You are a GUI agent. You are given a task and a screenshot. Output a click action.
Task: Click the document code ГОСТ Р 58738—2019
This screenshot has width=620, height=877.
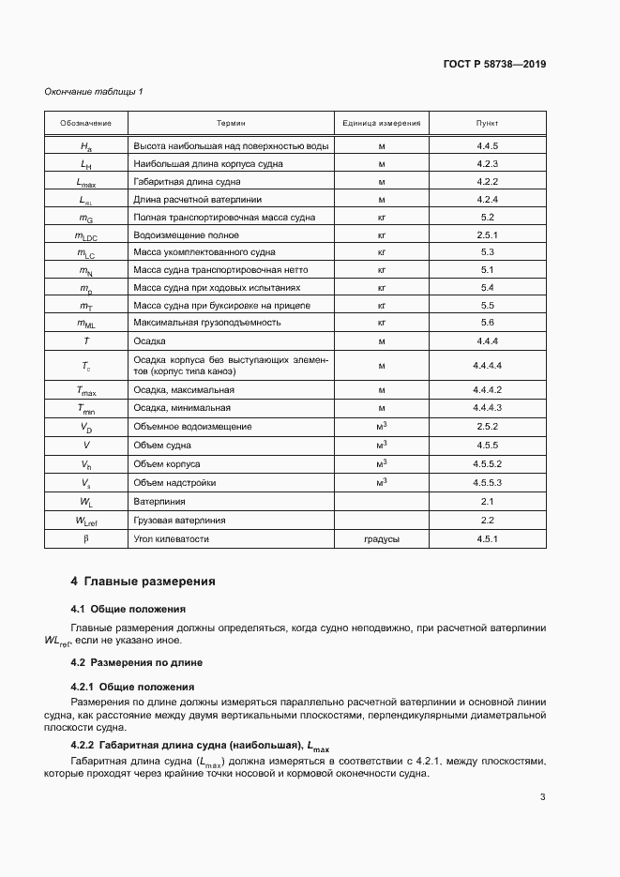tap(494, 65)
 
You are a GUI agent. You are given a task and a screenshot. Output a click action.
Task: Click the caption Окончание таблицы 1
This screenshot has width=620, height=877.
tap(94, 91)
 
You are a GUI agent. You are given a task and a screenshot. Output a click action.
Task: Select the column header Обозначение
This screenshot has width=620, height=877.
tap(86, 124)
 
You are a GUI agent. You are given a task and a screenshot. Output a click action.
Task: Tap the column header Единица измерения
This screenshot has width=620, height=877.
tap(382, 124)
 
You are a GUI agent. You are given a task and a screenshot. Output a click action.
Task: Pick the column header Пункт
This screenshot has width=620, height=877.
tap(487, 124)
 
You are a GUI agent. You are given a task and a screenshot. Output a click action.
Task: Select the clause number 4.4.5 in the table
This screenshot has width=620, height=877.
tap(487, 146)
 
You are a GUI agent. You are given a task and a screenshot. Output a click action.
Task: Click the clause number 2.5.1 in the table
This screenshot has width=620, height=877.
tap(487, 234)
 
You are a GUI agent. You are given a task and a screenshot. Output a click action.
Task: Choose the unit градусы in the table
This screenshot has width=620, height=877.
tap(382, 539)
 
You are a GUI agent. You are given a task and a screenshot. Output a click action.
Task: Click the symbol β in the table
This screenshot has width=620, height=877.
tap(86, 539)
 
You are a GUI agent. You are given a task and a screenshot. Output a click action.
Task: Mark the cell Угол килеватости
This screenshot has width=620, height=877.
tap(171, 539)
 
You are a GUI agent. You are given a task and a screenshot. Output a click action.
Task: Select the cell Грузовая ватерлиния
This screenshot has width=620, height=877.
tap(180, 521)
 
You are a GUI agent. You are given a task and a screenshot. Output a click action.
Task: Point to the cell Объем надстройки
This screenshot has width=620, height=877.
tap(175, 482)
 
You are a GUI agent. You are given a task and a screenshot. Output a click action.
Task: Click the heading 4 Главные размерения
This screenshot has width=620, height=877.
tap(143, 582)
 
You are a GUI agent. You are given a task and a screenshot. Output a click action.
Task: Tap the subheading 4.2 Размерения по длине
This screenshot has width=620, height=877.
tap(137, 662)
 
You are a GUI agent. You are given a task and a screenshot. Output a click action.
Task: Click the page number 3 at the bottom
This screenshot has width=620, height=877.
tap(542, 797)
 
